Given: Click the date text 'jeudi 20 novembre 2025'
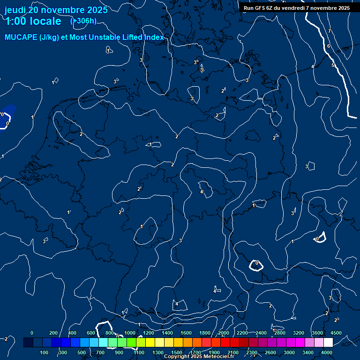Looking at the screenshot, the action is (56, 10).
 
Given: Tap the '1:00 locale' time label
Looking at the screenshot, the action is (33, 21).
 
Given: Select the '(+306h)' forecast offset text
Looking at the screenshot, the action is (83, 21).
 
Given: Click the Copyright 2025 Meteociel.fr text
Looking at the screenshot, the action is (199, 357).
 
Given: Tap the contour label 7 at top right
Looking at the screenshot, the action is (330, 31).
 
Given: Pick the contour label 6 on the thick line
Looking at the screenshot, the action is (329, 46).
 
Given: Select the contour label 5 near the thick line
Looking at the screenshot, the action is (333, 65).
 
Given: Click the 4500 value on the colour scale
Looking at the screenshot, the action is (336, 333).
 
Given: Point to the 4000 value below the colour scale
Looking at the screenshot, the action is (327, 352).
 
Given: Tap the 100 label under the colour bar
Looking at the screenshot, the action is (45, 352).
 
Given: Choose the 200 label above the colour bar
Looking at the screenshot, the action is (53, 333).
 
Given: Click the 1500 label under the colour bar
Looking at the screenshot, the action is (177, 352).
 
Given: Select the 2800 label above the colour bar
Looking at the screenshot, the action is (280, 333).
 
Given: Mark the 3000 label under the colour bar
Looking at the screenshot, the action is (289, 352).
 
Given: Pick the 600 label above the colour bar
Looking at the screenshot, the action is (91, 333).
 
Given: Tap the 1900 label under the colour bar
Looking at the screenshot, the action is (214, 352).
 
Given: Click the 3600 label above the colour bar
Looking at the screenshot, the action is (317, 333).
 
